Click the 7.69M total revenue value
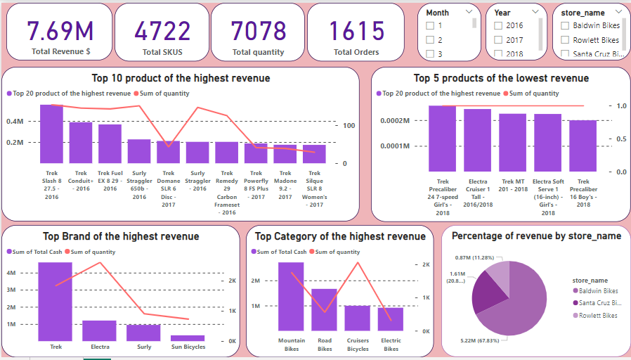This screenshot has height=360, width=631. [x=60, y=30]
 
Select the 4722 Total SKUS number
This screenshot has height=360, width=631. [x=162, y=30]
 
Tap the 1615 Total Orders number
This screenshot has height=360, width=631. [x=356, y=30]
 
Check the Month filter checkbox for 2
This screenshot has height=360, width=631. [x=431, y=40]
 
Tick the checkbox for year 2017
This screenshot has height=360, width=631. [x=498, y=40]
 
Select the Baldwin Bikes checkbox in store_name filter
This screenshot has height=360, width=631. [x=564, y=26]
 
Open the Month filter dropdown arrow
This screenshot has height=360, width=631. [x=469, y=13]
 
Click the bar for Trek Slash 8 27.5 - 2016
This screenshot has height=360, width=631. [x=51, y=134]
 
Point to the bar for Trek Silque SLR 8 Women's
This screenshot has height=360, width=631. [x=315, y=155]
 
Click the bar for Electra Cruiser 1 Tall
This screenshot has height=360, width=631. [x=478, y=140]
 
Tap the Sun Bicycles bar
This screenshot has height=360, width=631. [x=188, y=338]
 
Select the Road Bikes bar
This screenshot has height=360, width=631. [x=324, y=309]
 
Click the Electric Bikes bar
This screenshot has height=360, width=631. [x=391, y=319]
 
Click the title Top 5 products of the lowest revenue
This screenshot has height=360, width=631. [x=501, y=78]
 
